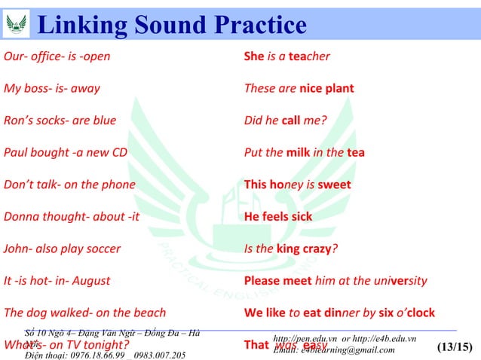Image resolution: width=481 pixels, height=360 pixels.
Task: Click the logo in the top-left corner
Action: [x=15, y=24]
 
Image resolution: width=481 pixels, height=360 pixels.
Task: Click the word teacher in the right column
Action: [x=309, y=56]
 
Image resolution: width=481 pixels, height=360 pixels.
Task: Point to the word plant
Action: [x=339, y=88]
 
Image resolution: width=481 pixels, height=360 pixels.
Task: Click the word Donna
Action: [x=21, y=217]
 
